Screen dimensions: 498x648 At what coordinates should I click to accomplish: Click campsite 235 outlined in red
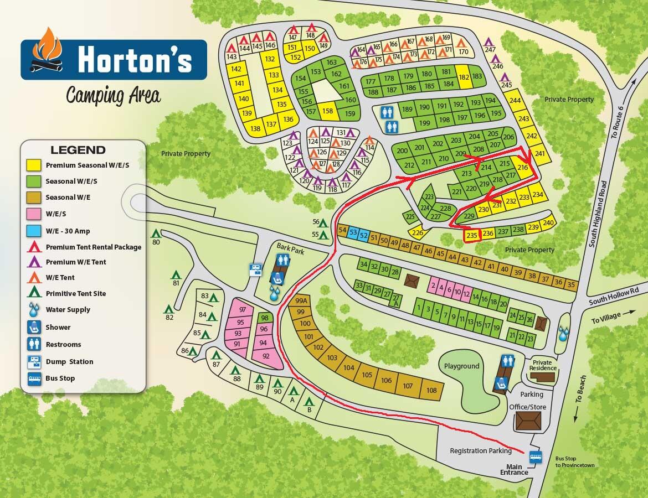point(471,235)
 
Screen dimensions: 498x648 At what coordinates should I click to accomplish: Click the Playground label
point(461,366)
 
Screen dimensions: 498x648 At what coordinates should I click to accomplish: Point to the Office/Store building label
point(527,407)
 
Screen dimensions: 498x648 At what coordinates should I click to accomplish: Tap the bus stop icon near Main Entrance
point(536,457)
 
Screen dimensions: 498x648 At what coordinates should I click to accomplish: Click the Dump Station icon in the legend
point(34,361)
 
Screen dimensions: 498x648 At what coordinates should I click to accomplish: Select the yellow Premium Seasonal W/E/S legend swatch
point(34,165)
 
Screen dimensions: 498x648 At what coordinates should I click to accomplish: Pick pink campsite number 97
point(241,309)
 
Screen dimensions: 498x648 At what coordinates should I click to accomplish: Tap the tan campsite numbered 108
point(431,390)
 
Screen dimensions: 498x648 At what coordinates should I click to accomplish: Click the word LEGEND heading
point(78,150)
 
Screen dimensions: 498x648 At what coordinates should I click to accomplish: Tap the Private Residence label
point(542,365)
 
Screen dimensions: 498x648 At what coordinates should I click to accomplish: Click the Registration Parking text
point(480,450)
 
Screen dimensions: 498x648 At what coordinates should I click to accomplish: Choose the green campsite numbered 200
point(402,151)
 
